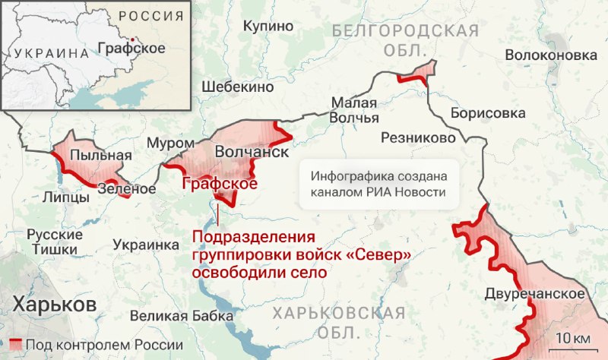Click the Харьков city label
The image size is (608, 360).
click(x=53, y=305)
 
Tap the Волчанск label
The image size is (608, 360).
click(x=252, y=152)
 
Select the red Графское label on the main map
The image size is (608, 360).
click(x=218, y=184)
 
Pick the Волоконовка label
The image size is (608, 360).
click(x=551, y=55)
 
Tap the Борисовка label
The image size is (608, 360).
click(x=488, y=112)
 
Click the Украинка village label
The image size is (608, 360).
click(x=145, y=245)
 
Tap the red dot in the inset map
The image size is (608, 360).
click(x=133, y=38)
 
